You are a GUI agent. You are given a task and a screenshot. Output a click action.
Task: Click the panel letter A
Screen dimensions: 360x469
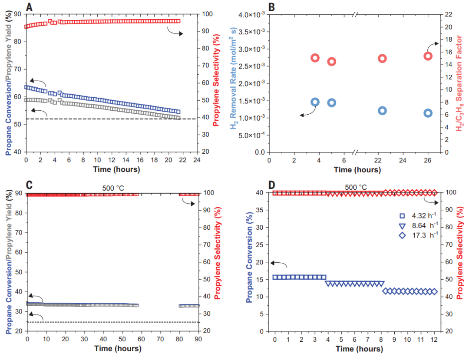click(30, 7)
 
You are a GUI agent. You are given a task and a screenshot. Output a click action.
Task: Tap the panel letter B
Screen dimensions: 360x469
click(272, 7)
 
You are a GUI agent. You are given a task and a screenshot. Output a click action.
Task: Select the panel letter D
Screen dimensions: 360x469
click(272, 185)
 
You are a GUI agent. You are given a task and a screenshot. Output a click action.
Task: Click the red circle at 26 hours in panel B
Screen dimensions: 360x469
click(428, 56)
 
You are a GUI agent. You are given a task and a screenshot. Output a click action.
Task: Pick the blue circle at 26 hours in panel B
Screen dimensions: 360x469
click(428, 113)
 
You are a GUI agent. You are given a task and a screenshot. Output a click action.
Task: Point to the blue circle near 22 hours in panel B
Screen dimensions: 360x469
click(383, 110)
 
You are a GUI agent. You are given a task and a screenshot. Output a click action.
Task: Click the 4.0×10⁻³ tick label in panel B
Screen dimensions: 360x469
click(251, 15)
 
